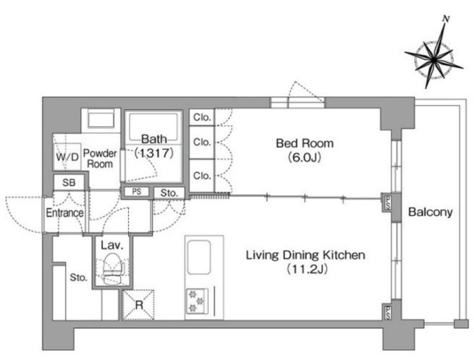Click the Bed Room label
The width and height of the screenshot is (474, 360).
[x=305, y=143]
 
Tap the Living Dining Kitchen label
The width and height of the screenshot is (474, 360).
[x=305, y=255]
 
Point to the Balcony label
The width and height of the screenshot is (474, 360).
[x=430, y=212]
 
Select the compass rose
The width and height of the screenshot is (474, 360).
[x=434, y=59]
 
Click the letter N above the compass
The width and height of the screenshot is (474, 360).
[x=446, y=19]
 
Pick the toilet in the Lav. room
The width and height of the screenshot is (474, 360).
[x=112, y=269]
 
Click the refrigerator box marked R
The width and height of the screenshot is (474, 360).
[x=139, y=305]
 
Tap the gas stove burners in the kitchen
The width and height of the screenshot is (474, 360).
[x=197, y=301]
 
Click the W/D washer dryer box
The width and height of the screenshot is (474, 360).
[x=67, y=157]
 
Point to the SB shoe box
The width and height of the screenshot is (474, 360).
[x=68, y=182]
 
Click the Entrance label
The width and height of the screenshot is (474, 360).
[x=65, y=212]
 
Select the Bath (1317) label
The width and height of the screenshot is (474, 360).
[x=154, y=146]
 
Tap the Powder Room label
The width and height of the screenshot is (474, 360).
[x=99, y=159]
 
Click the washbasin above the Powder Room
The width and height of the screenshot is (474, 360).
[x=101, y=119]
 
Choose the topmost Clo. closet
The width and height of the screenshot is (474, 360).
[x=202, y=117]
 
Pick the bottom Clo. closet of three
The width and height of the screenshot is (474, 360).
[x=202, y=176]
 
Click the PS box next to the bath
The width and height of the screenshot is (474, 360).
[x=137, y=191]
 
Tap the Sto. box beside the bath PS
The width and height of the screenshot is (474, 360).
[x=169, y=193]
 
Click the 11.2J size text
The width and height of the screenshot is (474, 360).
[x=307, y=269]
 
